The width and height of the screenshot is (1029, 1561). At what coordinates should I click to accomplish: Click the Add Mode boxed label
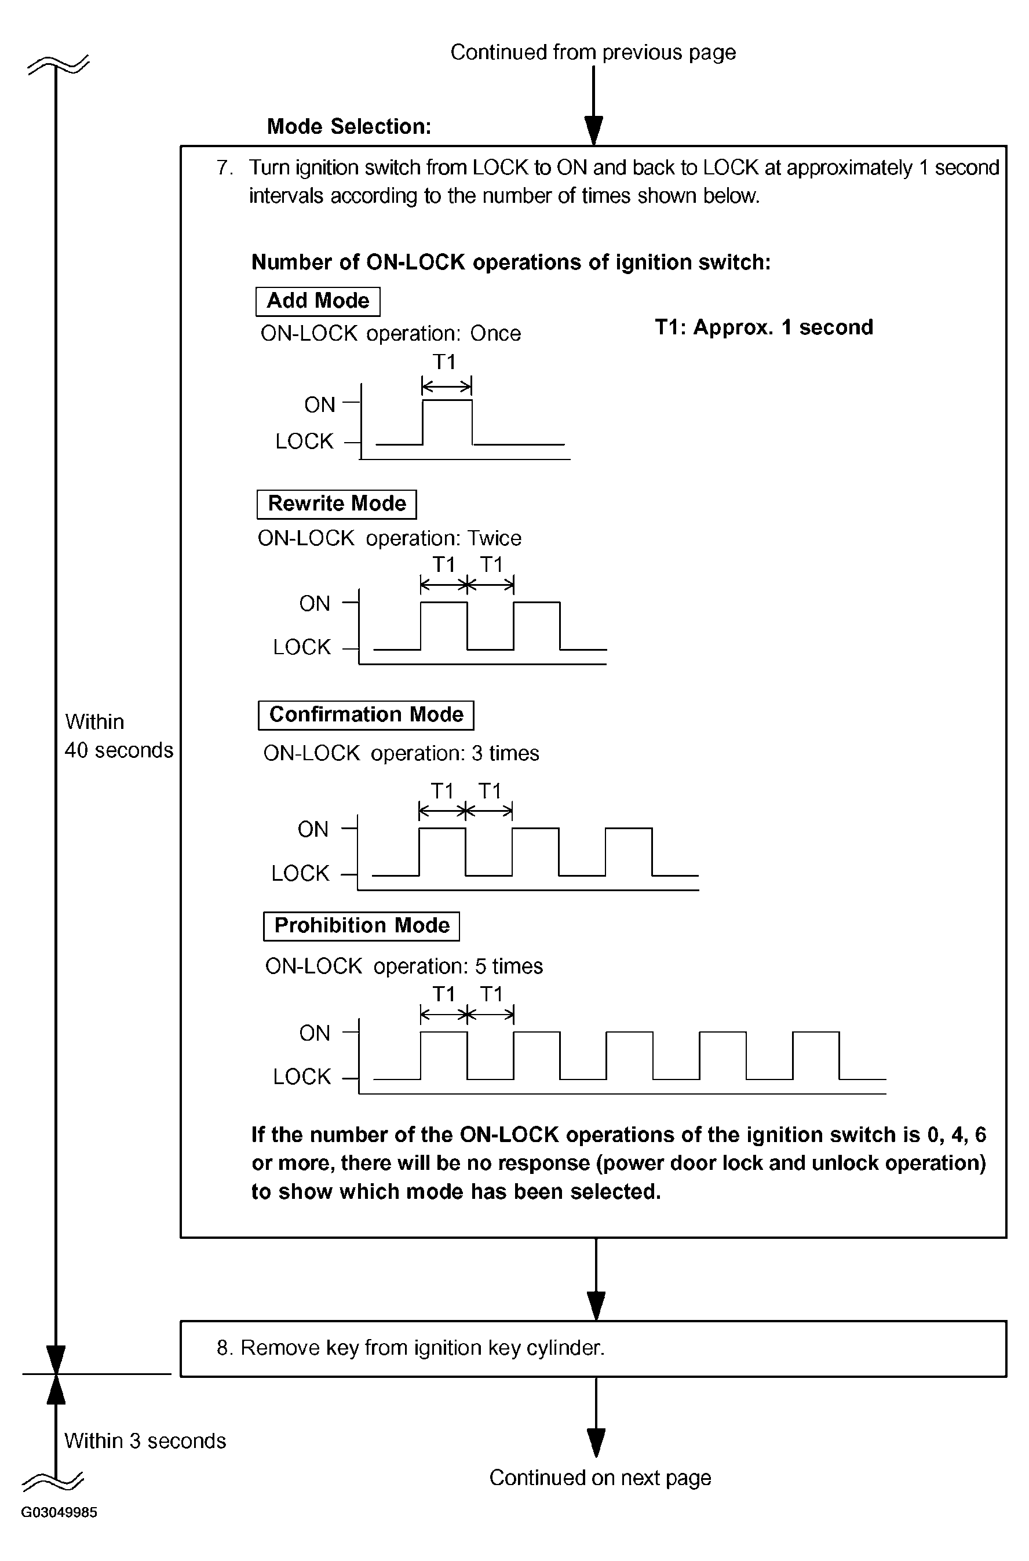tap(318, 301)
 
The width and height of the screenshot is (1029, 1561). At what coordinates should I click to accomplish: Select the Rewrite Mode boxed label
tap(337, 504)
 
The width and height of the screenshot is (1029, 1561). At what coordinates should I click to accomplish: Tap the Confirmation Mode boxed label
tap(366, 714)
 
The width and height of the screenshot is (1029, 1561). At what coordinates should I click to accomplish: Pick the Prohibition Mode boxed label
tap(362, 926)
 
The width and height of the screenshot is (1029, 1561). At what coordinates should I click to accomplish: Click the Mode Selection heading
tap(349, 127)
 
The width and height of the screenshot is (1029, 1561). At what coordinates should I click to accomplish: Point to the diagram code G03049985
tap(59, 1512)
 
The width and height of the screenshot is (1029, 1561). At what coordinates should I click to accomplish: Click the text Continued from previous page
tap(593, 53)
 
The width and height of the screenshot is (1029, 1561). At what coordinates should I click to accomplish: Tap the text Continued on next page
tap(600, 1478)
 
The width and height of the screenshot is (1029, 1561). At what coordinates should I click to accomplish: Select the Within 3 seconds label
tap(145, 1441)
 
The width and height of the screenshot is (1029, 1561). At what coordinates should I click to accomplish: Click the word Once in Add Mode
tap(495, 334)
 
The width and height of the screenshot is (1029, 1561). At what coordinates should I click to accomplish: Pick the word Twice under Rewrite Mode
tap(494, 539)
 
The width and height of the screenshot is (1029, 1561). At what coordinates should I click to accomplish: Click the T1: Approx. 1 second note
tap(764, 327)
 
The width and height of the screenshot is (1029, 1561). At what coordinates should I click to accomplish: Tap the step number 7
tap(224, 168)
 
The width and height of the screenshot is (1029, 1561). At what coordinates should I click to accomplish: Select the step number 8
tap(224, 1348)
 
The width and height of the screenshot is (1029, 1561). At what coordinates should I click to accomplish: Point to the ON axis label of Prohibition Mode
tap(315, 1034)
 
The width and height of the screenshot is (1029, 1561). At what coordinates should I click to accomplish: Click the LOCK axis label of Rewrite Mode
tap(302, 648)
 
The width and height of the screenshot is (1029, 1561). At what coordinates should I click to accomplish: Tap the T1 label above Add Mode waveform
tap(444, 362)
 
